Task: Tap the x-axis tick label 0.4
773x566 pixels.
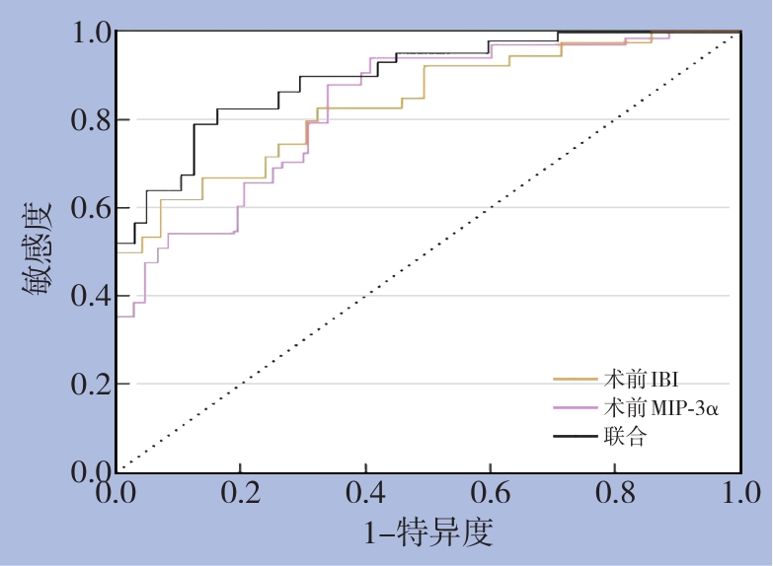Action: (x=366, y=492)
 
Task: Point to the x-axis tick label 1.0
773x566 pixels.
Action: (x=739, y=492)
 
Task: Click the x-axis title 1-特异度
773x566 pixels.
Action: (x=428, y=532)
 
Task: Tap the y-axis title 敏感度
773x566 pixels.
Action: (x=38, y=252)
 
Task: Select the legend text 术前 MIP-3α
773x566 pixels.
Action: (x=658, y=407)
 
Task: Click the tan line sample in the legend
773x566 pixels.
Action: (x=573, y=379)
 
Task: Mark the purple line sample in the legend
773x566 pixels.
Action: (x=573, y=407)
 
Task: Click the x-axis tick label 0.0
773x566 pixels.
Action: (x=117, y=492)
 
